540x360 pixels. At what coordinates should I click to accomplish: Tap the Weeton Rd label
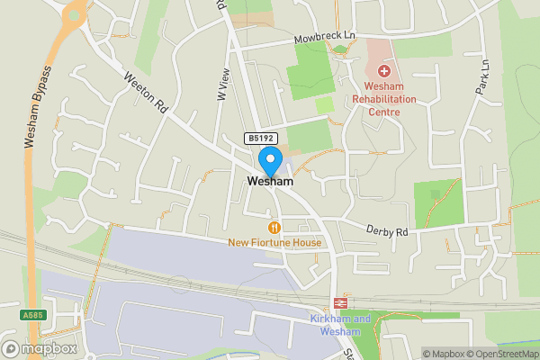(147, 93)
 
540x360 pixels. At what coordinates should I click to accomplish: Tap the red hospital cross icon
(385, 70)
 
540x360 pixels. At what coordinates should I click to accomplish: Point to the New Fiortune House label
(274, 242)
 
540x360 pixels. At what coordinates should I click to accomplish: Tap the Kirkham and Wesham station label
(340, 325)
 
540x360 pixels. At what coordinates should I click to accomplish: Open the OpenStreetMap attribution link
(498, 354)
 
